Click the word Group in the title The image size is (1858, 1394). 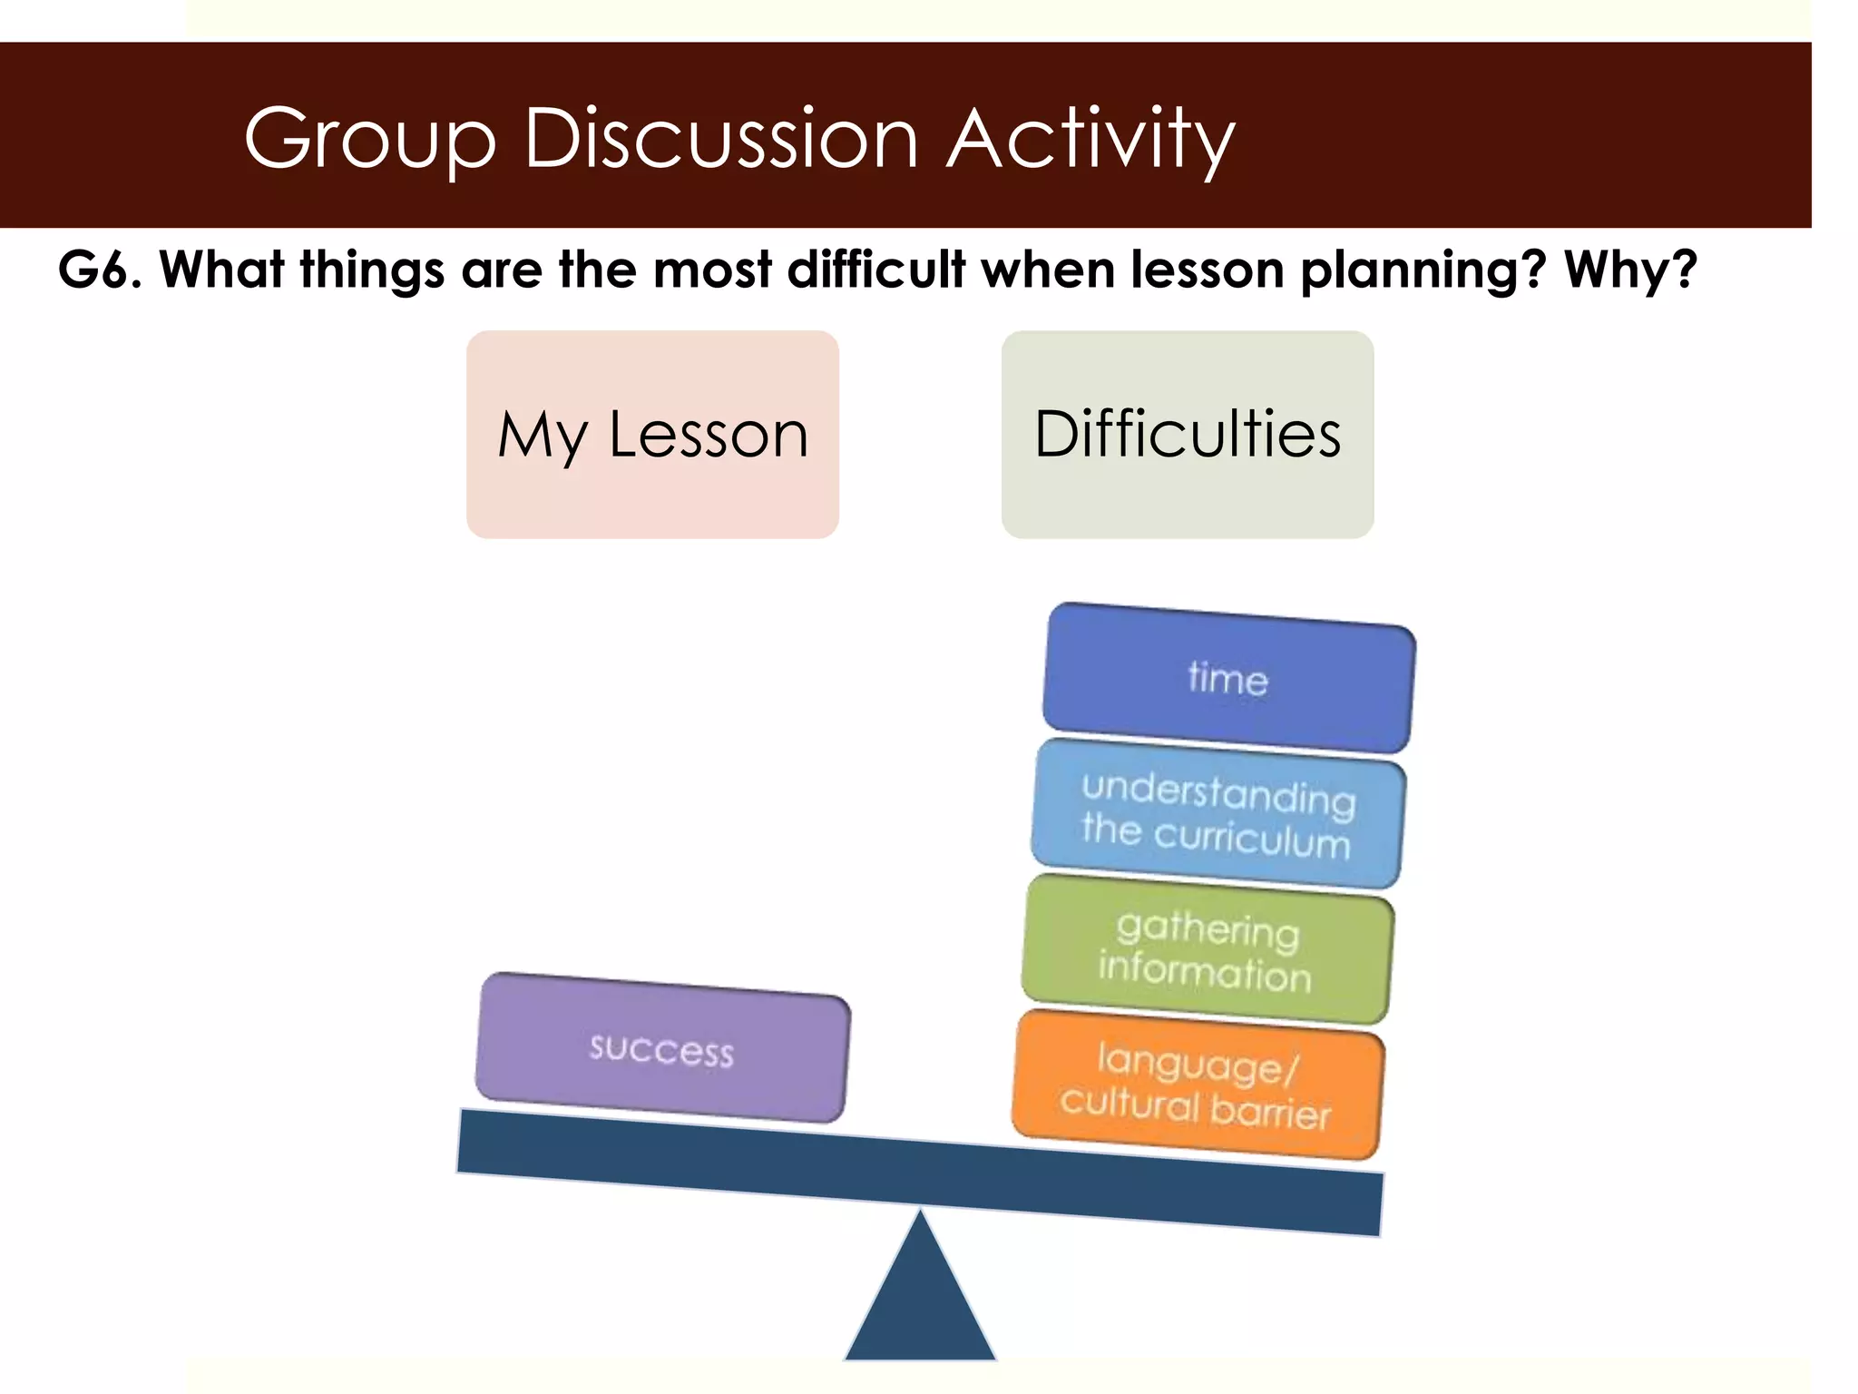(370, 139)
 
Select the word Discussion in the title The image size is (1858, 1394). (721, 139)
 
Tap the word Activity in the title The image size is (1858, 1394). (1090, 139)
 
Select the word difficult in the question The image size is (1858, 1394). (876, 270)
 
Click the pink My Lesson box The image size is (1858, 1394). (652, 435)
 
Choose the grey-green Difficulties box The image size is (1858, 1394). (1187, 435)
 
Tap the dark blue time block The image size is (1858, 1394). (1228, 678)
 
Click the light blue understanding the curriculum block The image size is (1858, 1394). (1217, 813)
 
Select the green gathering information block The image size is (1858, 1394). (1207, 949)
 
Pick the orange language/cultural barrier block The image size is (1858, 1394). (1198, 1085)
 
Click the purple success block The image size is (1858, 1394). (662, 1049)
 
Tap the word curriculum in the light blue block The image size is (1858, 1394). (1252, 838)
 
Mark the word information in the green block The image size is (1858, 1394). (1205, 971)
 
